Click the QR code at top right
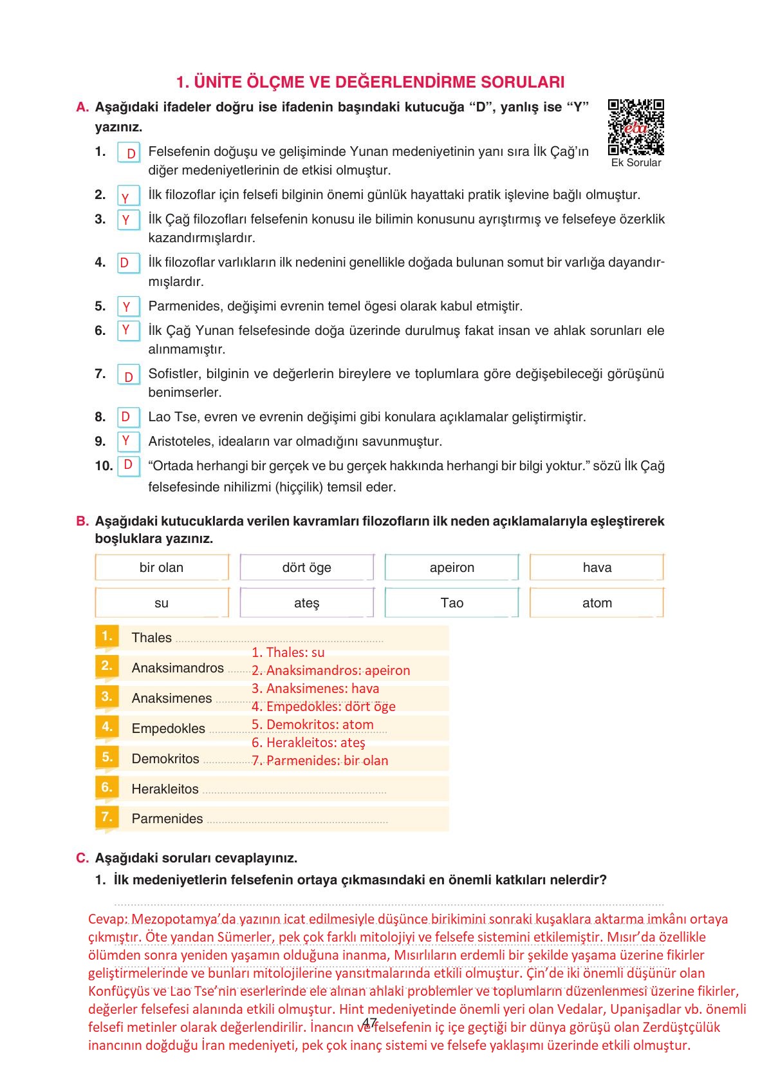636,127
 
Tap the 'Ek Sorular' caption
636,163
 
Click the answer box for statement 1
129,153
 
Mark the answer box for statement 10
129,466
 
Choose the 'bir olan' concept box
162,567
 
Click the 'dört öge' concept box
306,567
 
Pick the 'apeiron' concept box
452,567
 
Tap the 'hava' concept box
597,567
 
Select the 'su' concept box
162,603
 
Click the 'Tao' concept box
452,603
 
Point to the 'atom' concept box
597,603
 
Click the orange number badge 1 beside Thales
107,636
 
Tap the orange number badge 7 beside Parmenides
107,817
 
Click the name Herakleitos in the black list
165,789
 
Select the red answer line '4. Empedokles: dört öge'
323,707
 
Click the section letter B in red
82,521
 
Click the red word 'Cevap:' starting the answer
107,919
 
